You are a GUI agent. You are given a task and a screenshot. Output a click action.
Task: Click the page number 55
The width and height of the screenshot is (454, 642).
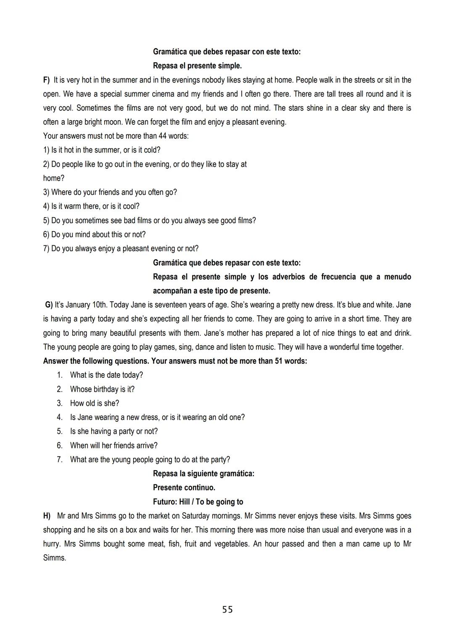tap(227, 609)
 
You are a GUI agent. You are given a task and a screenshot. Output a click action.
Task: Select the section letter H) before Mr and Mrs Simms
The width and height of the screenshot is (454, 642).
tap(47, 516)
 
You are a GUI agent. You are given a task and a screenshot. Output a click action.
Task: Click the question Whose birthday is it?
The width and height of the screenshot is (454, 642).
tap(102, 389)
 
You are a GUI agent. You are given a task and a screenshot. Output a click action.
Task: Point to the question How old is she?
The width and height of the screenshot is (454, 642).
tap(95, 403)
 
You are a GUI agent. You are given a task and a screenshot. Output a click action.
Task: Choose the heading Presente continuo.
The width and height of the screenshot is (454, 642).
tap(184, 487)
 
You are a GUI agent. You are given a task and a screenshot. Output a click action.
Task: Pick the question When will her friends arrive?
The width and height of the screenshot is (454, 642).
tap(114, 445)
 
